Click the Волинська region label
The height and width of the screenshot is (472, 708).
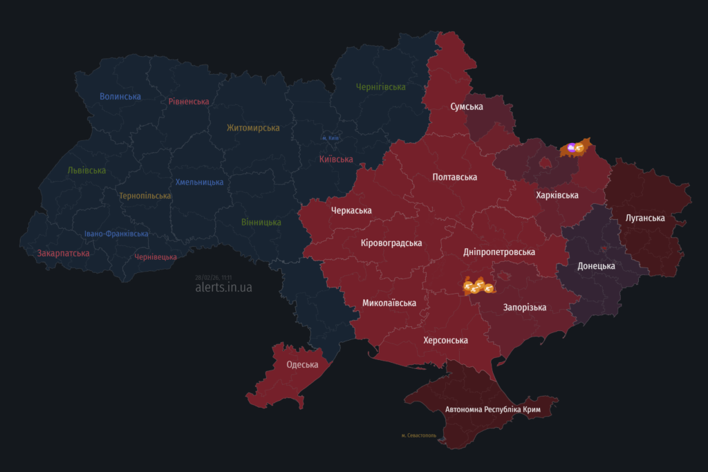click(120, 97)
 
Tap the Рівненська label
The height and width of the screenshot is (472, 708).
click(189, 102)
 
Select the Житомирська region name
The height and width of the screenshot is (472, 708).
click(253, 128)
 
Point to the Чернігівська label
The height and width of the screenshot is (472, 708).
click(380, 87)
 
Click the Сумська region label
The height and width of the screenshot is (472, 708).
click(467, 107)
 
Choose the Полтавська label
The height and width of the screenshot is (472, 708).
click(454, 178)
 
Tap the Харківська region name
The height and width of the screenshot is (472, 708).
click(557, 196)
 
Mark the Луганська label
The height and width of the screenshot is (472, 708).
click(645, 218)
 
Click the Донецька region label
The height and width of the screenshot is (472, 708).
click(596, 266)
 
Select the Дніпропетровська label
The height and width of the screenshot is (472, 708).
click(499, 253)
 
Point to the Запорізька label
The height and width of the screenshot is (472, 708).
click(525, 308)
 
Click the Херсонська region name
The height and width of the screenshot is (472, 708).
click(445, 341)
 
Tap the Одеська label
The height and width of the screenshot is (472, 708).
click(302, 365)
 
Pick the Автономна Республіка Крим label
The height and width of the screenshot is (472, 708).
click(492, 410)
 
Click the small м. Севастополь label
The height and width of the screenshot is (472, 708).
click(418, 435)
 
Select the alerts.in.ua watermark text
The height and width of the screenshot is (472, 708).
click(223, 287)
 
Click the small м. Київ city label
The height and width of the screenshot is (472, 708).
click(330, 138)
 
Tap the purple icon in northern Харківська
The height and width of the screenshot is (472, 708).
click(571, 147)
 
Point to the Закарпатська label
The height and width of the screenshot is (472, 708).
click(64, 254)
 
